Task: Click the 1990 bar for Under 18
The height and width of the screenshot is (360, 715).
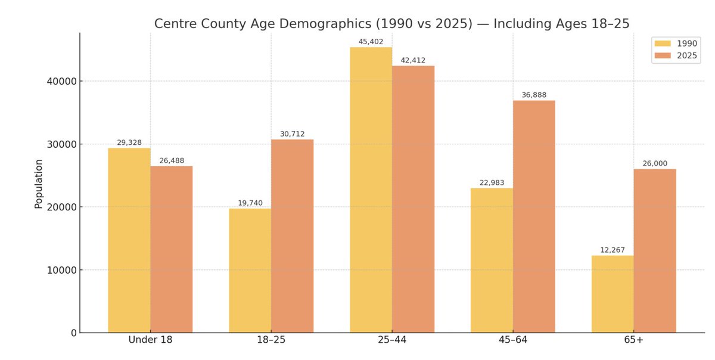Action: (x=129, y=240)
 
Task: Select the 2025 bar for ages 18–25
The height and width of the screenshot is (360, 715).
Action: (x=292, y=236)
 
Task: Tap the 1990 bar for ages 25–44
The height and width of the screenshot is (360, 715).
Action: (x=371, y=190)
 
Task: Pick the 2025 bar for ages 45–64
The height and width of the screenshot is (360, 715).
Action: (x=534, y=216)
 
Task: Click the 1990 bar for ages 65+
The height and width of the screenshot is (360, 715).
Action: (x=613, y=294)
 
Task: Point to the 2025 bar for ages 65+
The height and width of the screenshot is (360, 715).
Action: (x=655, y=250)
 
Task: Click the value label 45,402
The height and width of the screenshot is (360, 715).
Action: (x=371, y=42)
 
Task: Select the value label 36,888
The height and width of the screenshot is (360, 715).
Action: (x=534, y=95)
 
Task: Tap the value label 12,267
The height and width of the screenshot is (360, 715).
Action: (x=613, y=250)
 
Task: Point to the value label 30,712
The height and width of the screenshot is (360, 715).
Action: (x=292, y=134)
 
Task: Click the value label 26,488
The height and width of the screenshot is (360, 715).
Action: (x=172, y=161)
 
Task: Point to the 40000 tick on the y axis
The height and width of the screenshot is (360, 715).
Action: (x=61, y=81)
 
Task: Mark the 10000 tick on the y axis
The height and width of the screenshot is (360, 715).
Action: (x=61, y=270)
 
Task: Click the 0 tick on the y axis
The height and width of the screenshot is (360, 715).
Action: (x=74, y=333)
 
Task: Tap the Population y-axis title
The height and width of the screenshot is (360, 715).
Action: (x=39, y=184)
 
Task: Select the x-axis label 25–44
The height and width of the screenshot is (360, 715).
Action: (x=392, y=340)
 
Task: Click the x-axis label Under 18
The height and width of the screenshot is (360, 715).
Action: (x=150, y=340)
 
